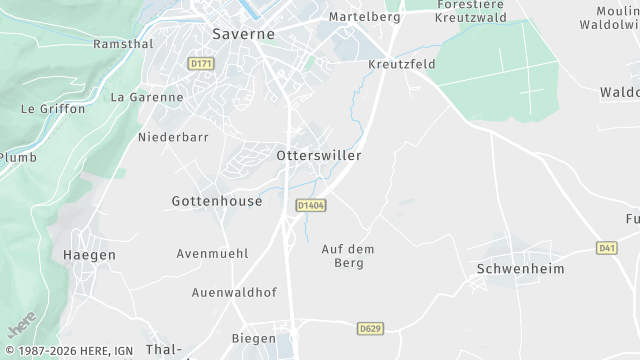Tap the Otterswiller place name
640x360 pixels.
tap(318, 156)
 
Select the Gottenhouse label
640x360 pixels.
tap(217, 201)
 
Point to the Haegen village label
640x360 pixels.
tap(89, 255)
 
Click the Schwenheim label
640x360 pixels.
tap(521, 269)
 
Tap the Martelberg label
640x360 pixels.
tap(365, 17)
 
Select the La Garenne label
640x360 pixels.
tap(147, 97)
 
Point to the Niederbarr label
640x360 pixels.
tap(172, 136)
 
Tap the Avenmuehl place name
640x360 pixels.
tap(212, 254)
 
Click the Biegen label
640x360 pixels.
tap(254, 338)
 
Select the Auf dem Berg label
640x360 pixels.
tap(343, 256)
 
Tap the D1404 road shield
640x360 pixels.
tap(309, 205)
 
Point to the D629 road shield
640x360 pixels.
tap(370, 327)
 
